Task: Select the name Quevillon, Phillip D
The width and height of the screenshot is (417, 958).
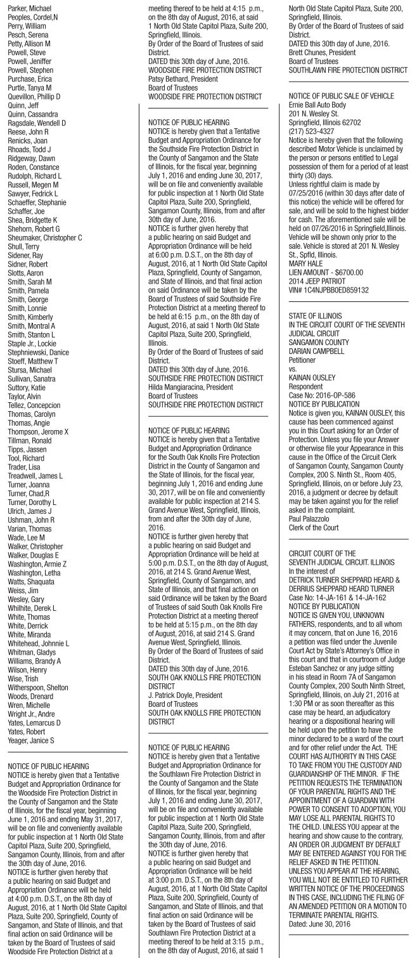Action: click(x=34, y=96)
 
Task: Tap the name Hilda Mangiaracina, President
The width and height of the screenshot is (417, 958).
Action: click(x=197, y=386)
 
